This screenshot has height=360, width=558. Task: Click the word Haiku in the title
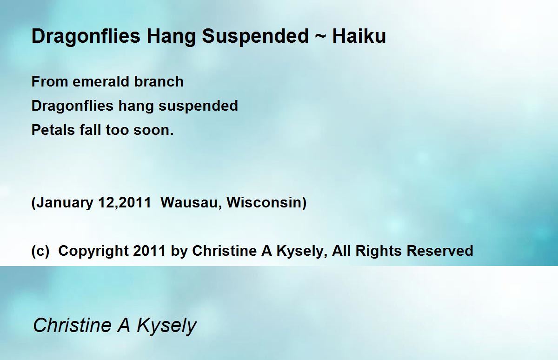pos(359,36)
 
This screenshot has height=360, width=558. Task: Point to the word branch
pos(159,81)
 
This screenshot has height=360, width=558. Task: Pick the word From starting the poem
pos(50,81)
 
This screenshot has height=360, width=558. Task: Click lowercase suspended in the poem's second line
pos(198,107)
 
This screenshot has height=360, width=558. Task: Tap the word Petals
pos(53,130)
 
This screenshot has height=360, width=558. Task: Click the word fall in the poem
pos(90,130)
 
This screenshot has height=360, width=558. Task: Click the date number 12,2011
pos(125,202)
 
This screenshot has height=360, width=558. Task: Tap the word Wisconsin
pos(264,202)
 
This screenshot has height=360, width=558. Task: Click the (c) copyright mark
pos(40,251)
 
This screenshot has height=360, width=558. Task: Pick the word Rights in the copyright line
pos(379,251)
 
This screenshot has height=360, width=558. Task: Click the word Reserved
pos(440,251)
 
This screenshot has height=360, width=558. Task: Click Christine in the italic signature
pos(72,325)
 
